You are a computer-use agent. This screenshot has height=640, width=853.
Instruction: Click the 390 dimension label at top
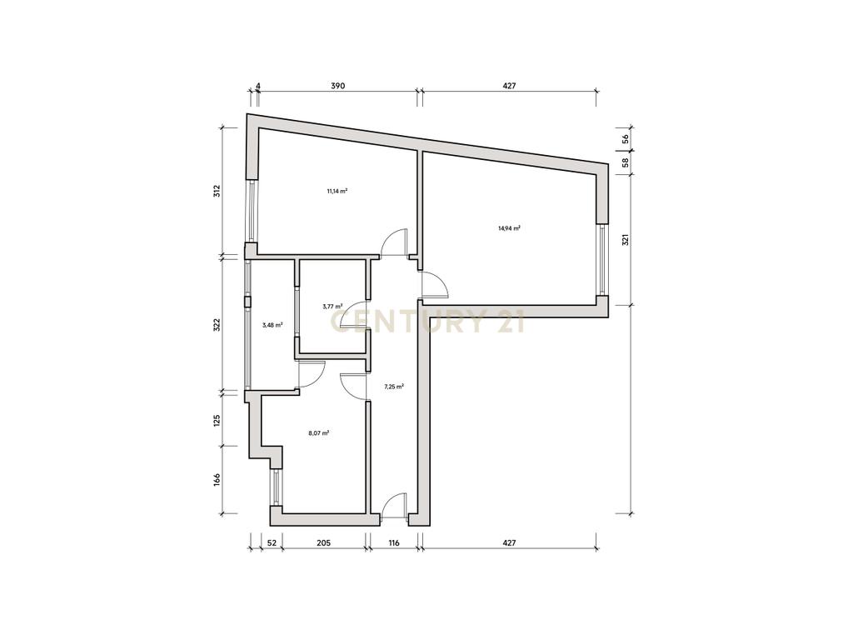pyautogui.click(x=338, y=86)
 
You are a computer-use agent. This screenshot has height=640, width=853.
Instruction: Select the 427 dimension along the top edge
pyautogui.click(x=509, y=86)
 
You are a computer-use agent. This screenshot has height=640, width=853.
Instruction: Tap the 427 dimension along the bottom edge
pyautogui.click(x=509, y=542)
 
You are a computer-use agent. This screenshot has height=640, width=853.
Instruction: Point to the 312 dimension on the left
pyautogui.click(x=217, y=191)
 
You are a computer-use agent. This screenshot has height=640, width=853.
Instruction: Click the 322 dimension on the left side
pyautogui.click(x=217, y=325)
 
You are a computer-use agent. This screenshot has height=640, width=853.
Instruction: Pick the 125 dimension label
pyautogui.click(x=217, y=420)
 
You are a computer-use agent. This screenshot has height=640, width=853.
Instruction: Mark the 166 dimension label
pyautogui.click(x=217, y=479)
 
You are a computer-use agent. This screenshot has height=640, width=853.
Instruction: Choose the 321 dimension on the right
pyautogui.click(x=626, y=239)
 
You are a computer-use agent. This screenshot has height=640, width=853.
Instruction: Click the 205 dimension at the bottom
pyautogui.click(x=323, y=542)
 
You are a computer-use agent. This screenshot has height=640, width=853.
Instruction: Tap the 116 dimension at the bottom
pyautogui.click(x=393, y=542)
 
